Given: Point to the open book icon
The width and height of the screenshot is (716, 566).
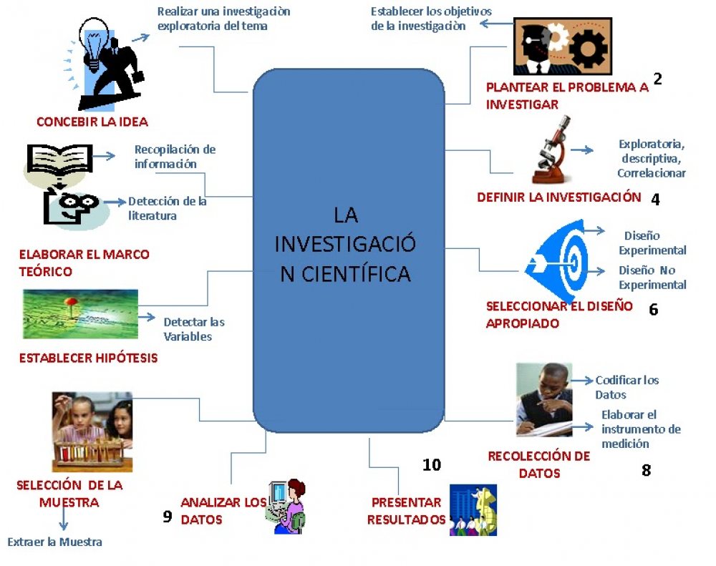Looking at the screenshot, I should click(x=60, y=157).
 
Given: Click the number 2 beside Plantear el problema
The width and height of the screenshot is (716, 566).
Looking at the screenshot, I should click(x=657, y=79).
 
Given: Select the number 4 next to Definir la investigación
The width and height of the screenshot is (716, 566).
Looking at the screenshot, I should click(x=655, y=200).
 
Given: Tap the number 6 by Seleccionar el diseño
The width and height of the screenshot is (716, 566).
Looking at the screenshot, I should click(x=653, y=310).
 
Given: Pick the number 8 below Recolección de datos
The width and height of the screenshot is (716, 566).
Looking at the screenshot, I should click(x=646, y=471).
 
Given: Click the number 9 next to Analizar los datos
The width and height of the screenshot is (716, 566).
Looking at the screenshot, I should click(x=168, y=516).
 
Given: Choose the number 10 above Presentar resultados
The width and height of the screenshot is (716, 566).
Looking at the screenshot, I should click(x=431, y=465).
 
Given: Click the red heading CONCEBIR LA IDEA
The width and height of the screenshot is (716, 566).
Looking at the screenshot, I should click(x=92, y=122).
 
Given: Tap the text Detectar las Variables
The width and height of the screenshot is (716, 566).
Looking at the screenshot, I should click(x=193, y=329).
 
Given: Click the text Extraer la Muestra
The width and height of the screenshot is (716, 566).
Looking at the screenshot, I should click(x=55, y=542).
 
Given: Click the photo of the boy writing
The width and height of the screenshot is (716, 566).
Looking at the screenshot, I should click(x=543, y=399).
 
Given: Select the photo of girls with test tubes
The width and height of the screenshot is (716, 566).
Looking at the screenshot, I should click(x=92, y=431).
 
